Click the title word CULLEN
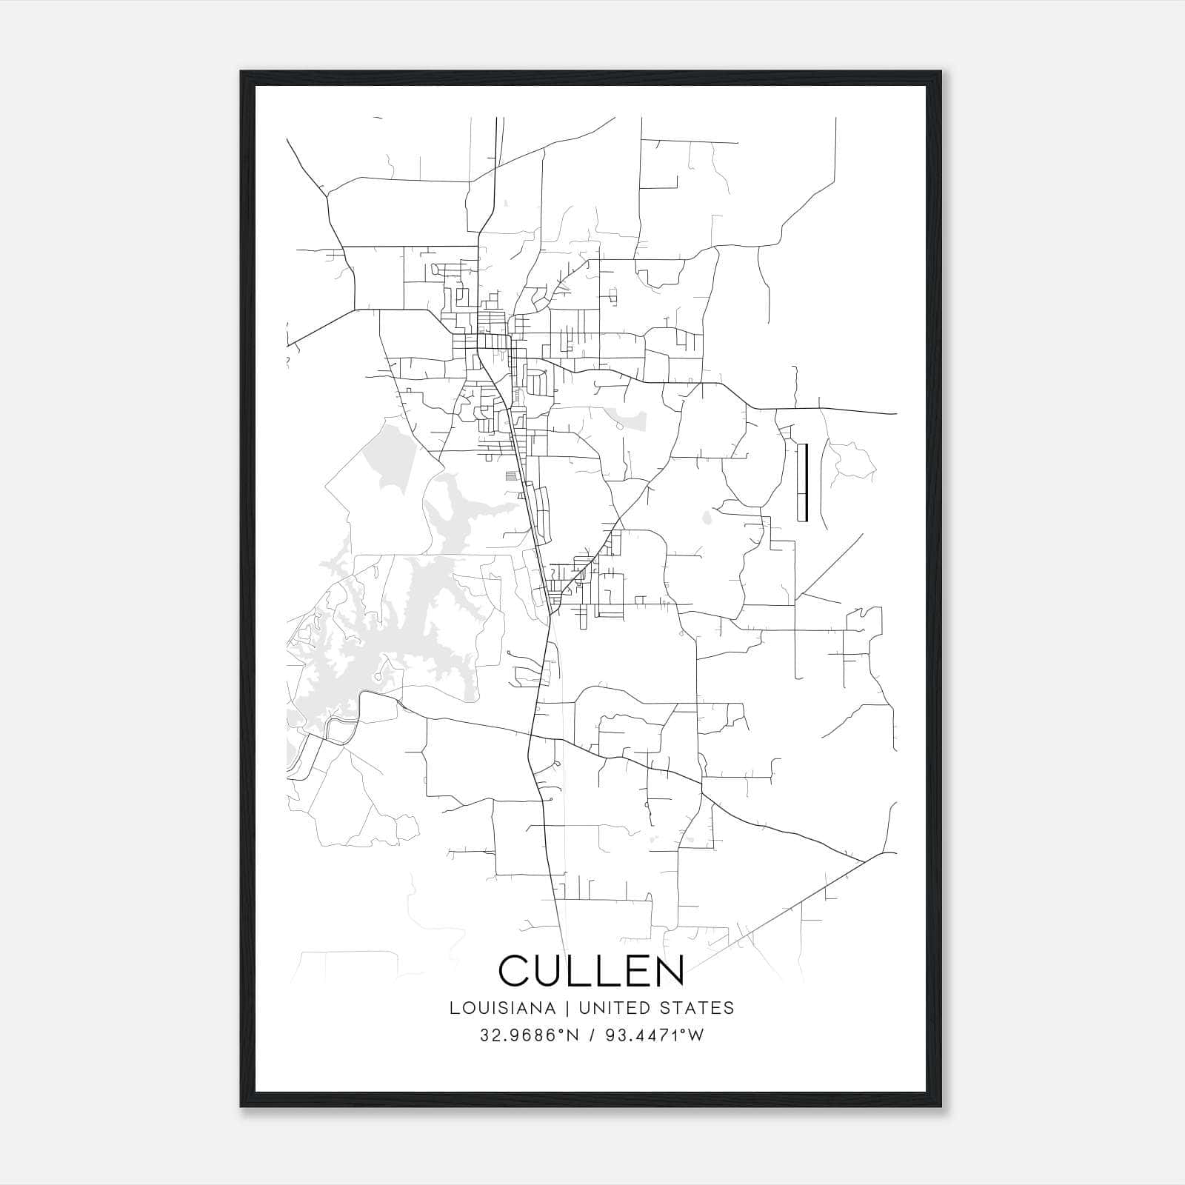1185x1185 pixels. (591, 971)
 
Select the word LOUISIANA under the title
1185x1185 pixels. (501, 1008)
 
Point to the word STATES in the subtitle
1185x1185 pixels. (699, 1008)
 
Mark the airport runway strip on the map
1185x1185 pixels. (802, 482)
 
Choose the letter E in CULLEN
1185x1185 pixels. (630, 971)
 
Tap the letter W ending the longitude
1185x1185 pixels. (696, 1035)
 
